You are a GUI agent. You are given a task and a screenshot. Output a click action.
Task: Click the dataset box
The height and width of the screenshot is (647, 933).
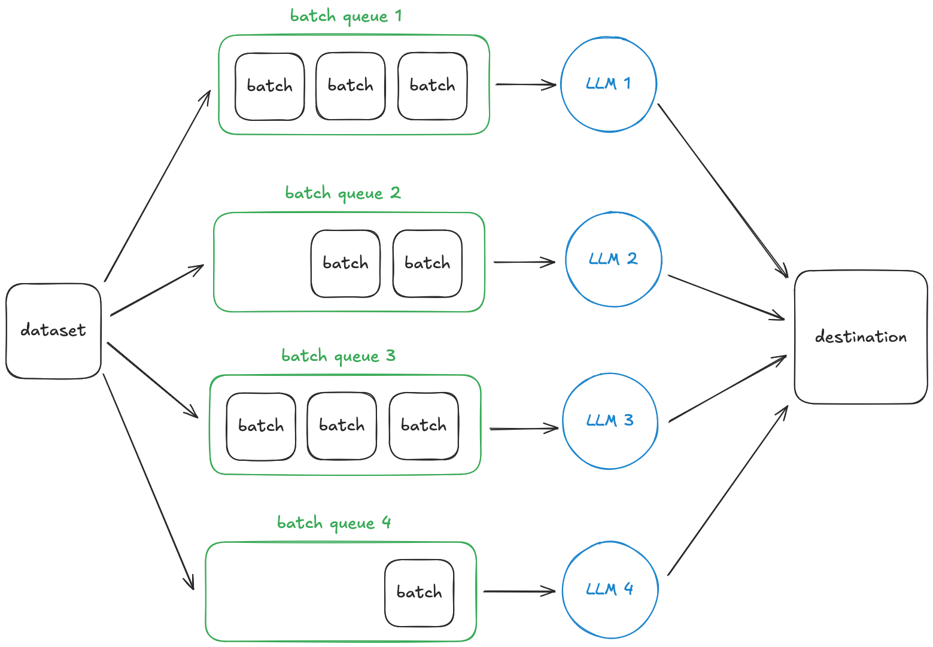(53, 330)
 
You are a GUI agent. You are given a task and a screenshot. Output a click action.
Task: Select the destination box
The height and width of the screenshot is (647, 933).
(861, 337)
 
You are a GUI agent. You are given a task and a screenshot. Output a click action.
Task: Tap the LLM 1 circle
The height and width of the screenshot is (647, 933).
(609, 84)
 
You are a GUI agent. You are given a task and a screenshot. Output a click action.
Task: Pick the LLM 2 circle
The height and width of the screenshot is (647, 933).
(613, 259)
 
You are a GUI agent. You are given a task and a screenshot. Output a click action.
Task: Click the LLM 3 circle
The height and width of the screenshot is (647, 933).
(610, 421)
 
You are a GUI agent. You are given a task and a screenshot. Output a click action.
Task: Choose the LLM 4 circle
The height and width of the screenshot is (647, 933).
(610, 590)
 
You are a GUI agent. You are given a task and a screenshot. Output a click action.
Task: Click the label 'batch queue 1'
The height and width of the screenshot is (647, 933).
(346, 16)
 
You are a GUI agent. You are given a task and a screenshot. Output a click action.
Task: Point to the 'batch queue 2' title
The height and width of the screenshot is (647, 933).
(342, 193)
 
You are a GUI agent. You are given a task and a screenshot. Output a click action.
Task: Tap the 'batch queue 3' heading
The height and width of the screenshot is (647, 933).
(338, 356)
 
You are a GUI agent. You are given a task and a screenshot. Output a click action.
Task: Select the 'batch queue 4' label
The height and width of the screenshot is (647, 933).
(334, 523)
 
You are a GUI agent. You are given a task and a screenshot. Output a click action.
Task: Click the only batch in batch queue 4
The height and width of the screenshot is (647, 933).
(419, 593)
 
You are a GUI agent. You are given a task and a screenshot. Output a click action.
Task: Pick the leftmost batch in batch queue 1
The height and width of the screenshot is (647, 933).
(269, 86)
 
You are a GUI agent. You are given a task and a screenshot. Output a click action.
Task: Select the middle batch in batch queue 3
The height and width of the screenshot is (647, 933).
(342, 426)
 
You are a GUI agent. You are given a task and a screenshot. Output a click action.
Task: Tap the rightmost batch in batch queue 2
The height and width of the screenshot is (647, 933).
(427, 263)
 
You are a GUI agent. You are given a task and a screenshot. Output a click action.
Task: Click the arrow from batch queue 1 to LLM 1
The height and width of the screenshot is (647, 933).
(525, 84)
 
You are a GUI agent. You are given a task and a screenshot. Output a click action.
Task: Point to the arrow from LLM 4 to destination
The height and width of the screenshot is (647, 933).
(728, 491)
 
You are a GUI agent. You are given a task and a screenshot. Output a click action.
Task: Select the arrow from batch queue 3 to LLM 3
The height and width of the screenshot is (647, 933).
(524, 429)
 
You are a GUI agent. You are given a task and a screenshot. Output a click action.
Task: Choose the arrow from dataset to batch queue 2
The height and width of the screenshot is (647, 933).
(157, 290)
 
